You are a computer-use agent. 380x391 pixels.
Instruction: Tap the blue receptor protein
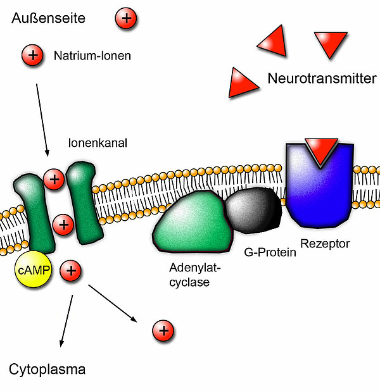tap(317, 190)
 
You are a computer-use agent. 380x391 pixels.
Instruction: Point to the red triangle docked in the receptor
tap(320, 151)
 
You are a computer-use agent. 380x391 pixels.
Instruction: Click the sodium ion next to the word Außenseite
tap(126, 19)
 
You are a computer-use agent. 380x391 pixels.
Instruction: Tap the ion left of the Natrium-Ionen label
tap(32, 56)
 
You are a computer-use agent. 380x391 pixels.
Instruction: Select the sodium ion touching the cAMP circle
tap(70, 271)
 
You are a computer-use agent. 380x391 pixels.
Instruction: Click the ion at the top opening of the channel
tap(54, 180)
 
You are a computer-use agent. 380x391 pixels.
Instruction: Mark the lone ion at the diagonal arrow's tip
tap(163, 330)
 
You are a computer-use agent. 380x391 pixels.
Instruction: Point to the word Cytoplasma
tap(47, 369)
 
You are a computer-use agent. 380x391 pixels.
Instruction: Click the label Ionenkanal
tap(98, 144)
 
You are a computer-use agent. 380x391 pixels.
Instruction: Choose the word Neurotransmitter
tap(321, 79)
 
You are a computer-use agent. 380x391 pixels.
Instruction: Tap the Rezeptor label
tap(325, 243)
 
